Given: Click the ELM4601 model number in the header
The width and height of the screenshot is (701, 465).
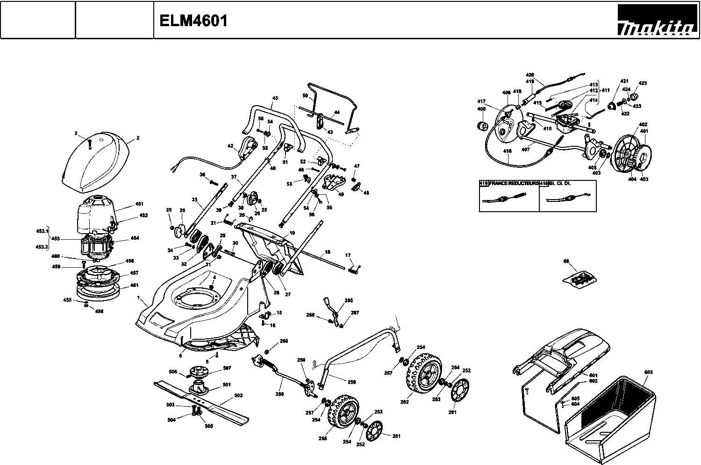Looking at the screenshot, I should tap(193, 21).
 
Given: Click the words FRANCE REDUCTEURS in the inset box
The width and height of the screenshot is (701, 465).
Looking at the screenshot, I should tap(513, 184).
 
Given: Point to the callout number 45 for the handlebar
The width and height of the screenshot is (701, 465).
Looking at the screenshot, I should tap(275, 98).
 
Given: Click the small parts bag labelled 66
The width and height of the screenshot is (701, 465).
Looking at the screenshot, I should tap(579, 278).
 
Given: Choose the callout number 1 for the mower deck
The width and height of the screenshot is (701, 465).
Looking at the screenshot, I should tap(139, 298).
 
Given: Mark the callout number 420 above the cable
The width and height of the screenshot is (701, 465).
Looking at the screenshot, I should tap(529, 75).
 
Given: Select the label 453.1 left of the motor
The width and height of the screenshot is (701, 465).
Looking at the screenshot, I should tap(42, 231).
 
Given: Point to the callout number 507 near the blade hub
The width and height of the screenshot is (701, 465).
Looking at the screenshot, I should tap(227, 368).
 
